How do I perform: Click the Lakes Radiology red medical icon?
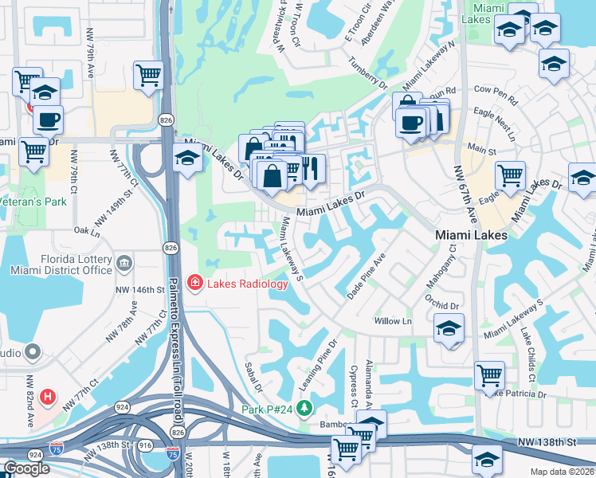(x=194, y=283)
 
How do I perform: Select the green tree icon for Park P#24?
(x=304, y=409)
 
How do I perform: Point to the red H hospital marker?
(x=48, y=396)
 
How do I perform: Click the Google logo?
(x=25, y=468)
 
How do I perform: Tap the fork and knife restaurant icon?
(x=311, y=167)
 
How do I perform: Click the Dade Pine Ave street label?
(x=367, y=277)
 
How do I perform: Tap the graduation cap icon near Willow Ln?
(x=449, y=327)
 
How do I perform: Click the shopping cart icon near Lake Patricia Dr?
(x=488, y=374)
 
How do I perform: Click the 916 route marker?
(x=144, y=447)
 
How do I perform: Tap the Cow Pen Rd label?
(x=496, y=102)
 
